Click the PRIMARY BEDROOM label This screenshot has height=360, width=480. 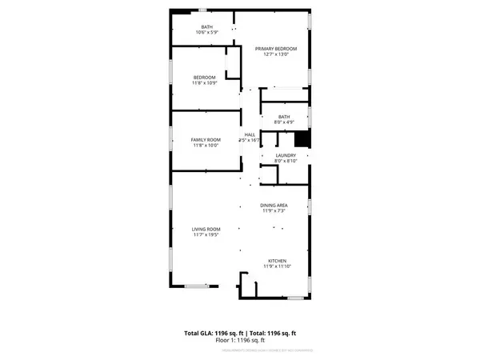pyautogui.click(x=276, y=49)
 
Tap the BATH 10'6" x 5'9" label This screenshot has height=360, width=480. pyautogui.click(x=206, y=26)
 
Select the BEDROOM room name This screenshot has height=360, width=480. pyautogui.click(x=204, y=78)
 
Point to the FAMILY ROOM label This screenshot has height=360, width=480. pyautogui.click(x=204, y=140)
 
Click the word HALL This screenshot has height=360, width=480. pyautogui.click(x=250, y=134)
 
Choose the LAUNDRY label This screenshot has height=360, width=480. pyautogui.click(x=286, y=155)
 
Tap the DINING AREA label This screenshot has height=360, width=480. pyautogui.click(x=274, y=206)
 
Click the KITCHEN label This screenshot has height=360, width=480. pyautogui.click(x=277, y=261)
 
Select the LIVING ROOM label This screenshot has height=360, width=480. pyautogui.click(x=206, y=230)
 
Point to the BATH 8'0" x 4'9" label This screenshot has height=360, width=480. pyautogui.click(x=284, y=117)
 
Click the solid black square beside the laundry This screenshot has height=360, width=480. pyautogui.click(x=313, y=138)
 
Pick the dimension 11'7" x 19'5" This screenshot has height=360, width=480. pyautogui.click(x=206, y=236)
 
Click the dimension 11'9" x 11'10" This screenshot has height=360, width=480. pyautogui.click(x=277, y=267)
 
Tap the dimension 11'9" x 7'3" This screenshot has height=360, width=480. pyautogui.click(x=274, y=212)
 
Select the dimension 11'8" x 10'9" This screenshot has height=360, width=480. pyautogui.click(x=204, y=83)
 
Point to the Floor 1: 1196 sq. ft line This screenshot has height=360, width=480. pyautogui.click(x=240, y=340)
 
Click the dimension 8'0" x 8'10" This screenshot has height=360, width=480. pyautogui.click(x=286, y=162)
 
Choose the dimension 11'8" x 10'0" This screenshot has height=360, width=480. pyautogui.click(x=204, y=146)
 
